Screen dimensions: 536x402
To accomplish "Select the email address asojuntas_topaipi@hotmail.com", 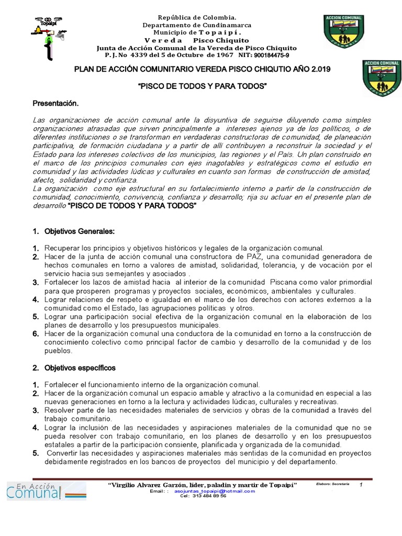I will pyautogui.click(x=215, y=491).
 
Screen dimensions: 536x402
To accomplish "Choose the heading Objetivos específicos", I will pyautogui.click(x=80, y=368).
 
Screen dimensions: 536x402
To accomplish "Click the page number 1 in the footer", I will pyautogui.click(x=361, y=485).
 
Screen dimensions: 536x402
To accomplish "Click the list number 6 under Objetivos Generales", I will pyautogui.click(x=36, y=334).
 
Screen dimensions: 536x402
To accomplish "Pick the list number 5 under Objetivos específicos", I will pyautogui.click(x=36, y=453).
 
